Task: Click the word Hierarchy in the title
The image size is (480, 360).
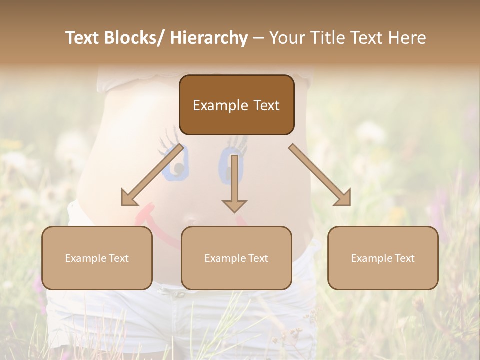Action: click(x=209, y=38)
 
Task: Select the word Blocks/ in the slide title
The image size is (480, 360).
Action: click(x=134, y=38)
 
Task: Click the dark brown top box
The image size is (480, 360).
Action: click(x=236, y=105)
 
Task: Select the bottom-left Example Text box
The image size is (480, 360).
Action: click(x=97, y=258)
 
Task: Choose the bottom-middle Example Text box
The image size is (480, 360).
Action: click(x=236, y=258)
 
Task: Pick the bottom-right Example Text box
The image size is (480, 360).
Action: click(x=383, y=258)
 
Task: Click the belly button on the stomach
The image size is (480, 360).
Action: click(x=190, y=220)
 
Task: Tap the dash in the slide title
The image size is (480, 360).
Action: click(x=258, y=39)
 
